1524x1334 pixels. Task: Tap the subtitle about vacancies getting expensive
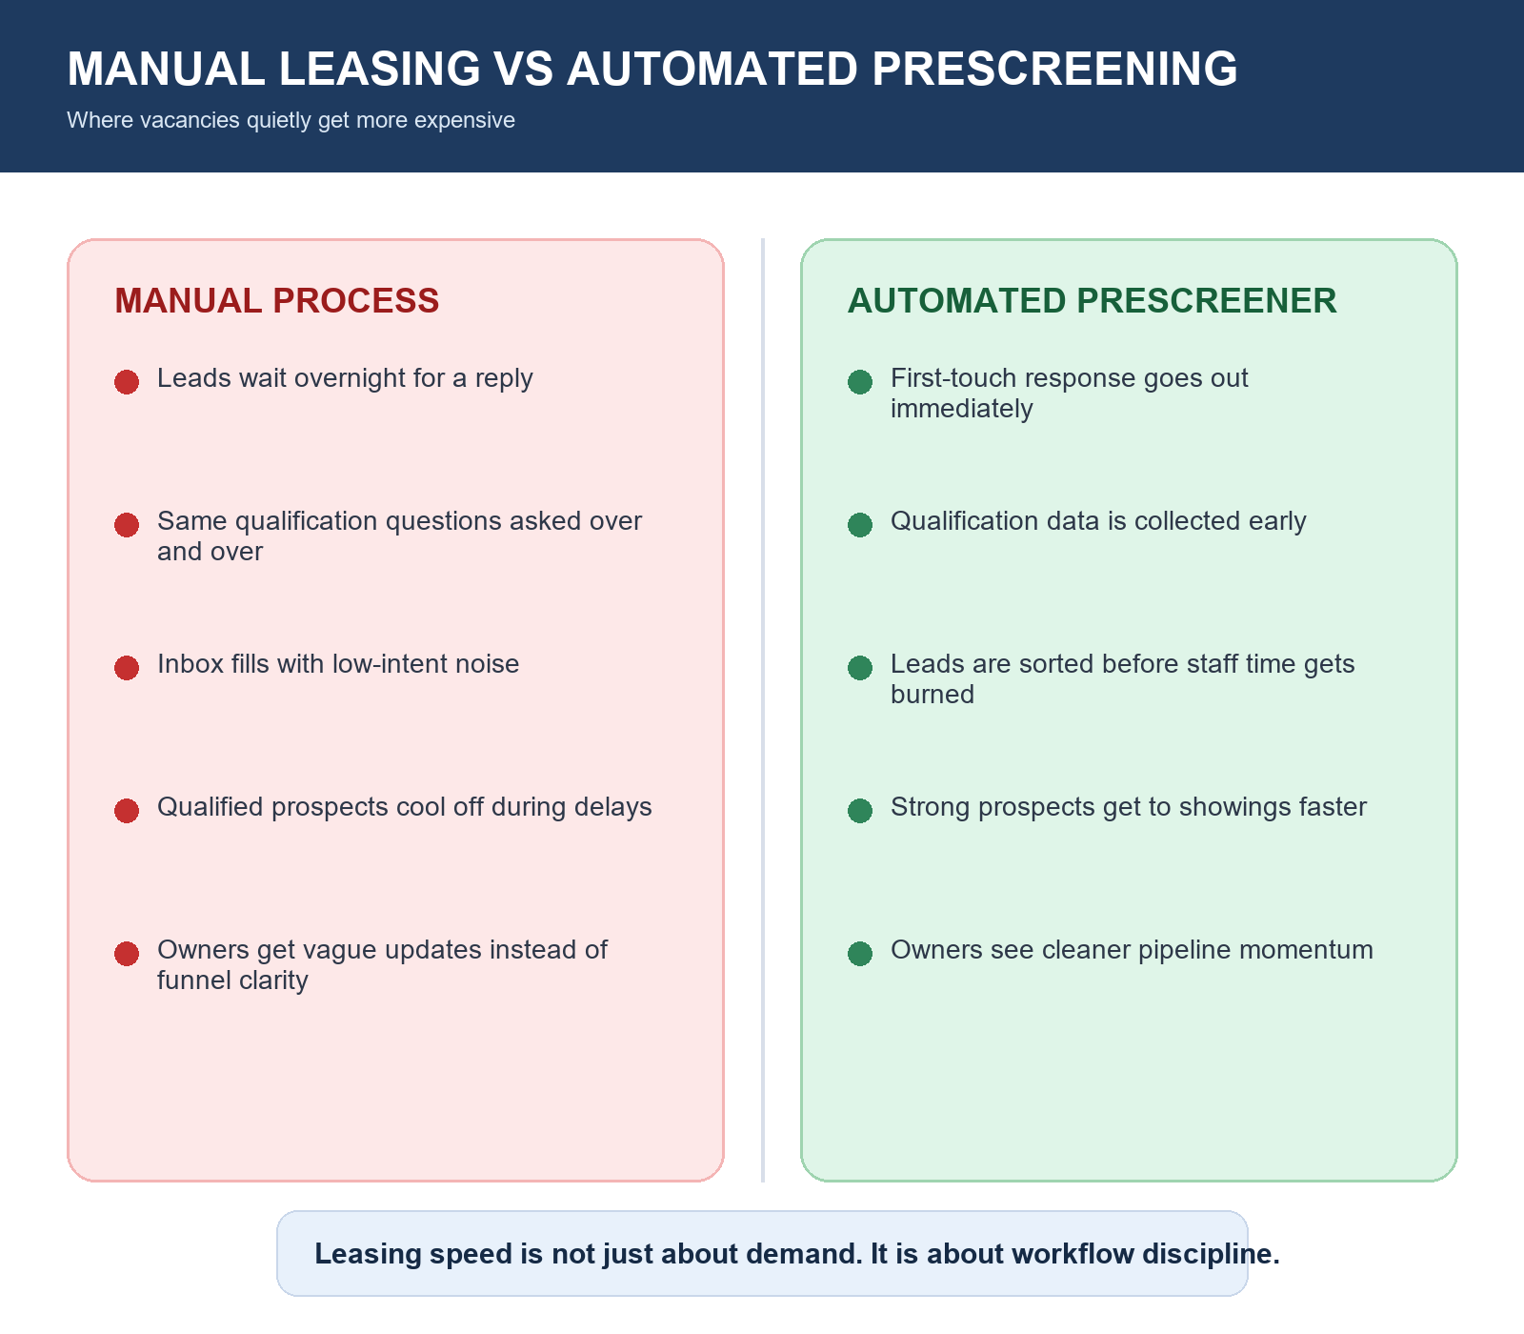(x=291, y=121)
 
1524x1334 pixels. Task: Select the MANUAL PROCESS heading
(x=276, y=301)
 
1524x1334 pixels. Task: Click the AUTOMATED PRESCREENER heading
(x=1092, y=301)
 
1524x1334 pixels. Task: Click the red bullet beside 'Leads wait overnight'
(x=127, y=382)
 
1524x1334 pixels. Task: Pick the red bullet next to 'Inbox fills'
(x=127, y=668)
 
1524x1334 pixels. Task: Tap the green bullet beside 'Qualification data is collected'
(x=860, y=525)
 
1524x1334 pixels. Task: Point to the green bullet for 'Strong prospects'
(x=860, y=811)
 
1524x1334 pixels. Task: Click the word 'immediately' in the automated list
(x=961, y=410)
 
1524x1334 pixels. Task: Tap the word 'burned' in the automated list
(x=932, y=696)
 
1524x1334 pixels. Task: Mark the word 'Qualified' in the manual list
(x=210, y=808)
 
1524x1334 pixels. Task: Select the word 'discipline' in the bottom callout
(x=1210, y=1254)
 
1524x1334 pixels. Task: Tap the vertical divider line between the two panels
(x=763, y=710)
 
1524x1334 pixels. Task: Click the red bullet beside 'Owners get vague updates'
(x=127, y=954)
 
